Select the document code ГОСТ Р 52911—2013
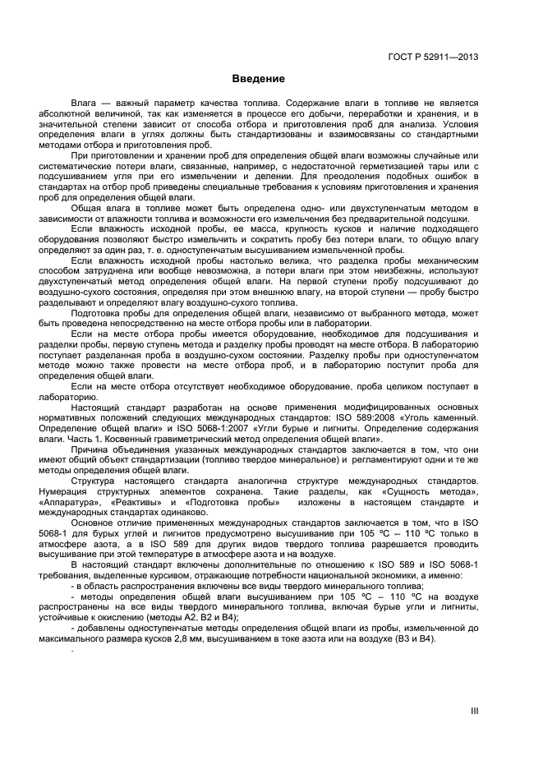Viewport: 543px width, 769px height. point(435,57)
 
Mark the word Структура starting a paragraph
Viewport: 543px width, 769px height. point(97,479)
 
